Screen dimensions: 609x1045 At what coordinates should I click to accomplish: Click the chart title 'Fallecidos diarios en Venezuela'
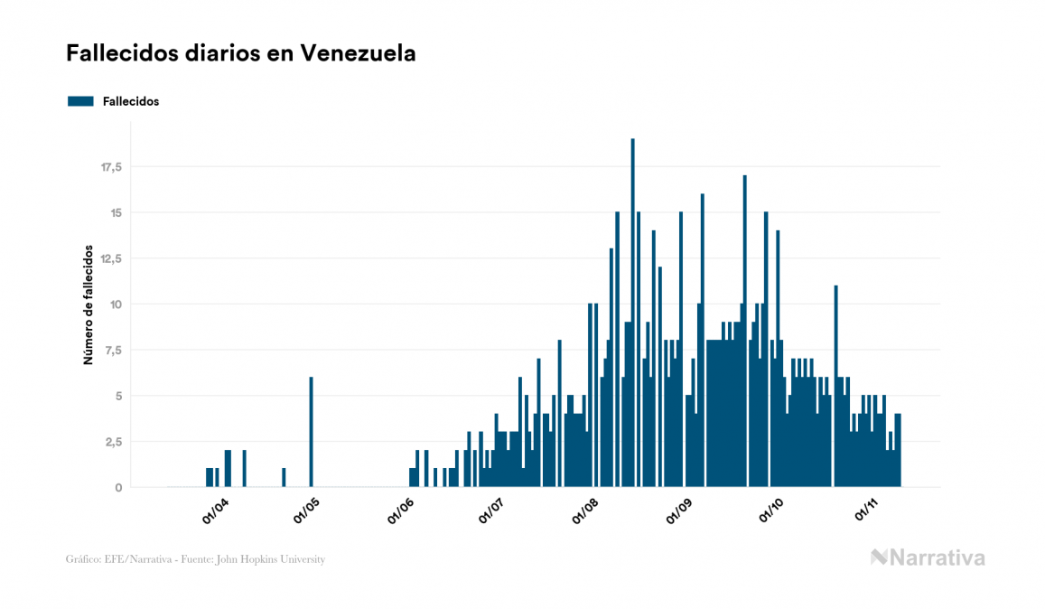[x=240, y=53]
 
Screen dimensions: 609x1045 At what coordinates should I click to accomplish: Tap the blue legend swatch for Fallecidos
[x=80, y=101]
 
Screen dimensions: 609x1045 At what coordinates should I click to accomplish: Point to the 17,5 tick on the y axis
[x=111, y=167]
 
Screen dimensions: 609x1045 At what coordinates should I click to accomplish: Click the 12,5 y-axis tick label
[x=111, y=258]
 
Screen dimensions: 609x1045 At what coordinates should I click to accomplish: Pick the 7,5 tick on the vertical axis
[x=114, y=351]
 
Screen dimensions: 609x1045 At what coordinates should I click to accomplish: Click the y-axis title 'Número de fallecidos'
[x=89, y=304]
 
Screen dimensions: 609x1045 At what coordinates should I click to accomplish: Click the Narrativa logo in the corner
[x=928, y=557]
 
